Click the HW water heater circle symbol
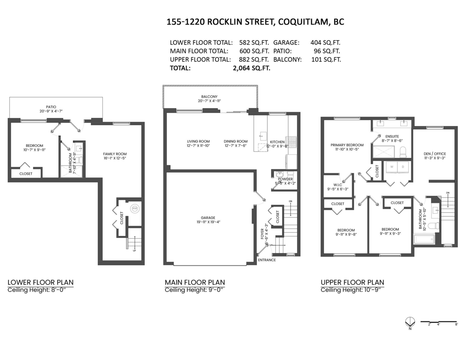tap(135, 208)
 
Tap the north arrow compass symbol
tap(409, 322)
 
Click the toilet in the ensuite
tap(403, 151)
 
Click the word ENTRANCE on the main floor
tap(267, 260)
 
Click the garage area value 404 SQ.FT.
tap(325, 43)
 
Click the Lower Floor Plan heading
tap(40, 282)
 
